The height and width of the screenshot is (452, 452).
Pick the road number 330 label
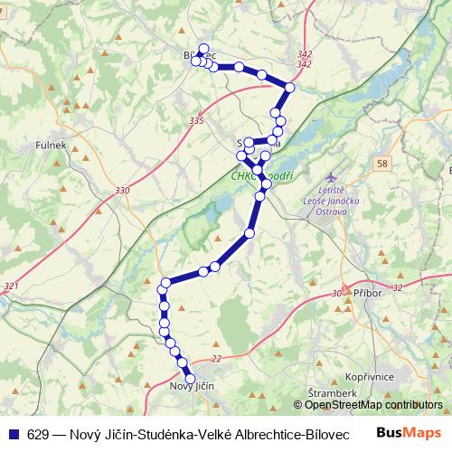pyautogui.click(x=122, y=190)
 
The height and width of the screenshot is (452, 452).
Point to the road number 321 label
pyautogui.click(x=11, y=286)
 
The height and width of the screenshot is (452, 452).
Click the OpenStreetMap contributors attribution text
pyautogui.click(x=370, y=406)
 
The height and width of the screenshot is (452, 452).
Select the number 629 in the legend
pyautogui.click(x=38, y=434)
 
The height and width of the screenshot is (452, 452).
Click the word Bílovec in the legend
pyautogui.click(x=324, y=434)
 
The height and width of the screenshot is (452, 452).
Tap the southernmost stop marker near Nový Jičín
pyautogui.click(x=190, y=379)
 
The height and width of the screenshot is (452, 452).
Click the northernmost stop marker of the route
pyautogui.click(x=203, y=49)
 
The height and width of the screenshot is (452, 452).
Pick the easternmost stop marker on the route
pyautogui.click(x=289, y=88)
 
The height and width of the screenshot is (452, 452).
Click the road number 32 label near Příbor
pyautogui.click(x=397, y=288)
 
